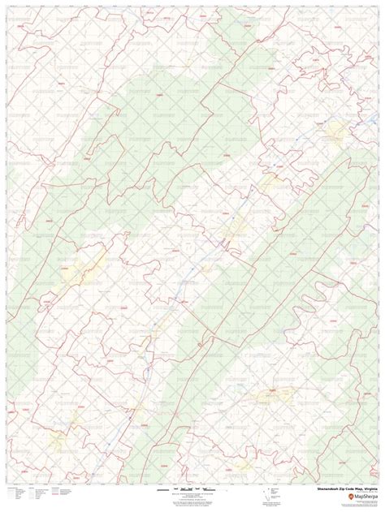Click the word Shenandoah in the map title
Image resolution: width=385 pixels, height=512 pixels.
318,490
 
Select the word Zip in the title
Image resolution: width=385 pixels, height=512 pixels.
335,490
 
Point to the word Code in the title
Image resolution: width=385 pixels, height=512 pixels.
344,490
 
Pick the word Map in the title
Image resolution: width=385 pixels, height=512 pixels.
354,490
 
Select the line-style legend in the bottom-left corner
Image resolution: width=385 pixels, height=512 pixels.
32,494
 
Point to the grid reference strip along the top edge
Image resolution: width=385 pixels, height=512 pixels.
192,3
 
